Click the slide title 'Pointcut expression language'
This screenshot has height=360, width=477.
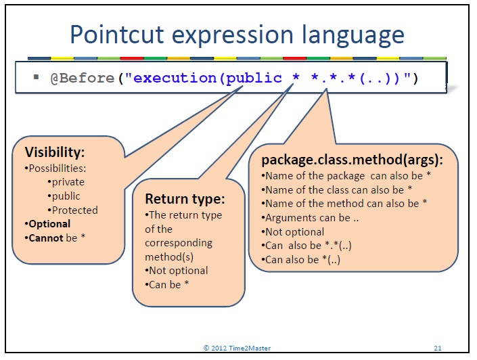(237, 34)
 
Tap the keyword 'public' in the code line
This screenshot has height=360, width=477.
(254, 78)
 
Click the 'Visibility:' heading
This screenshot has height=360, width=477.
(54, 152)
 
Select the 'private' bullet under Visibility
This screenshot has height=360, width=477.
(67, 182)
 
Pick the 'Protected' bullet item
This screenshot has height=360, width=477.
(72, 210)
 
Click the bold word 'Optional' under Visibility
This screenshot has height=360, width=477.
(49, 224)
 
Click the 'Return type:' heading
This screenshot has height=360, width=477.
(184, 199)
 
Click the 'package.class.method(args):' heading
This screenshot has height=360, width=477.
(352, 160)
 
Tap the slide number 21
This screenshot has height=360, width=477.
(438, 348)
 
